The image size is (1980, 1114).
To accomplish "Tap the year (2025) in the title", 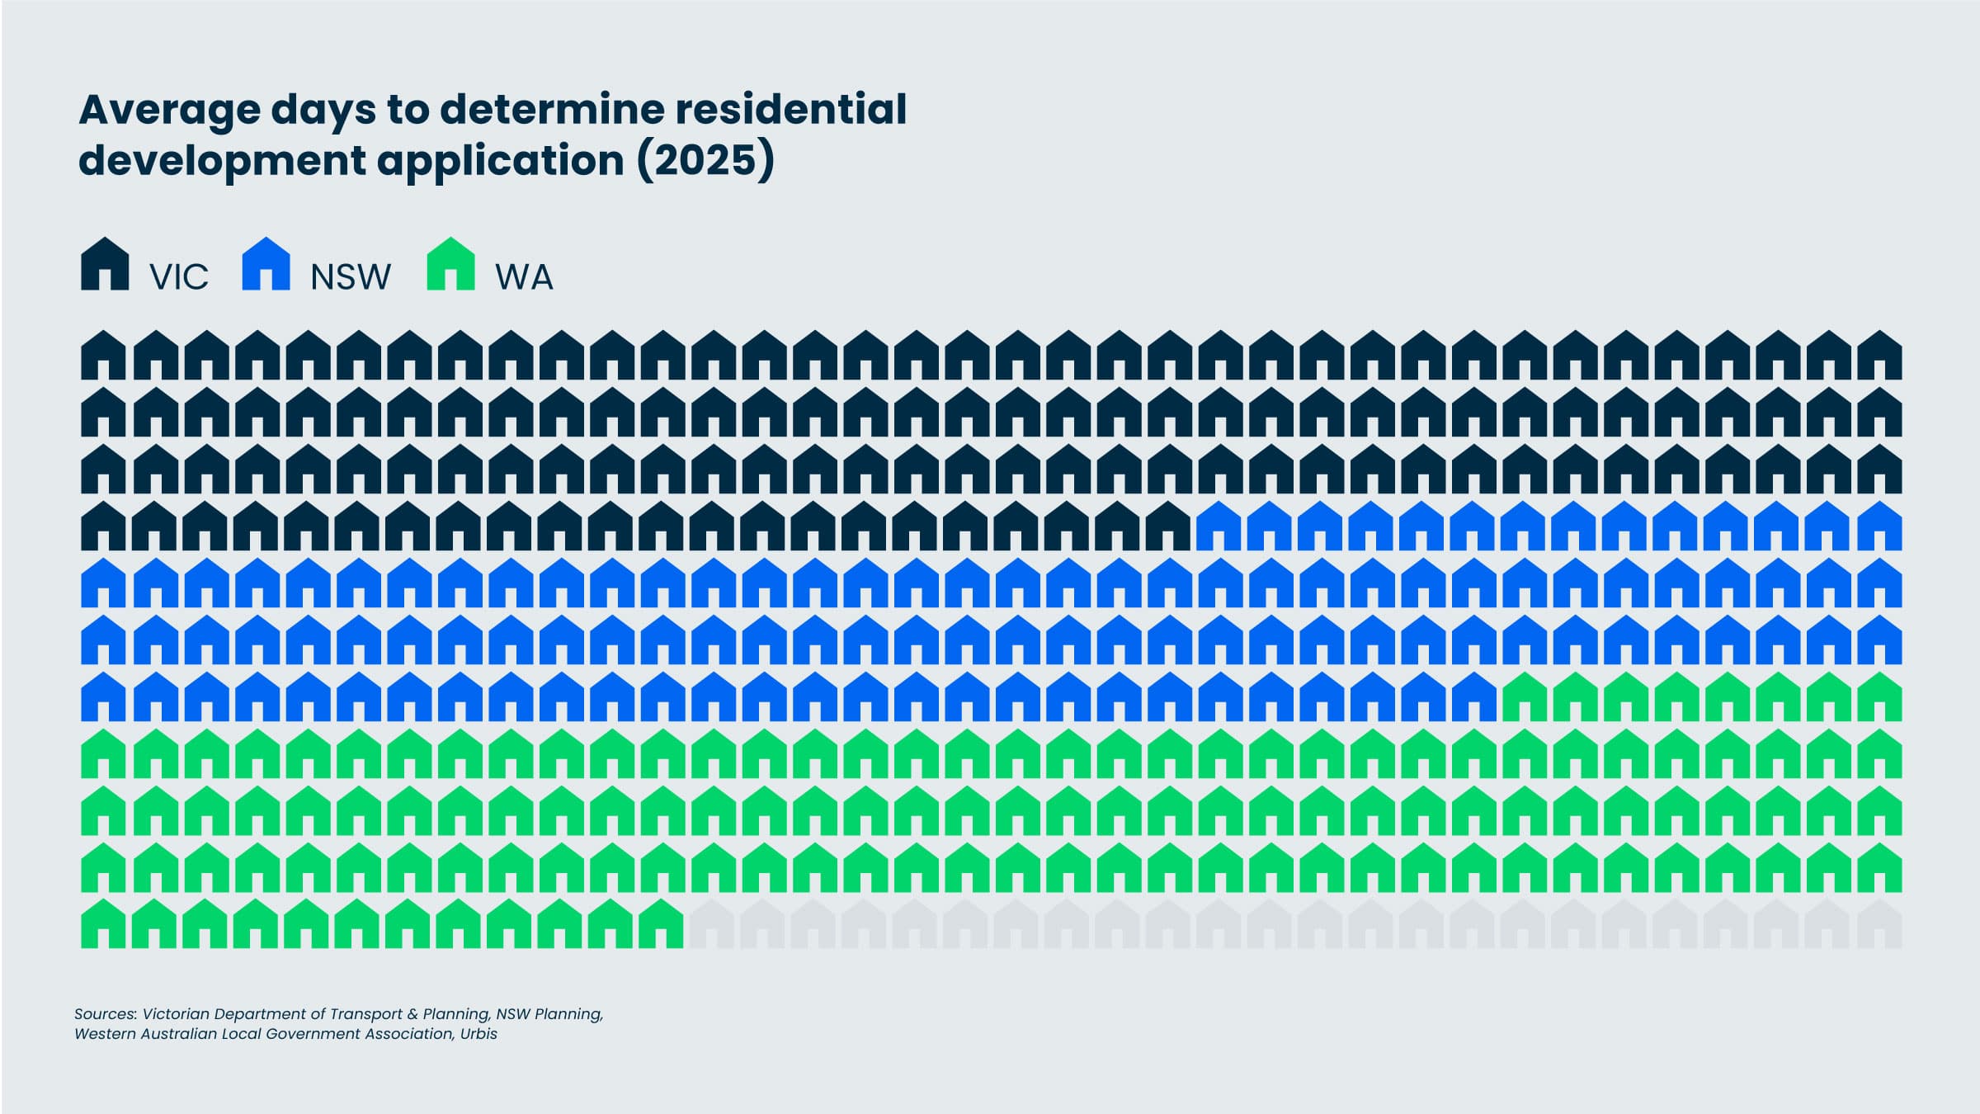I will coord(705,160).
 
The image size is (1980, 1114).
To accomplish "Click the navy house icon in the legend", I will coord(105,265).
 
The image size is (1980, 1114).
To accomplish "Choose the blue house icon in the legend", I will coord(266,265).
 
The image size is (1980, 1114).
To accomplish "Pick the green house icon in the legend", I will coord(450,265).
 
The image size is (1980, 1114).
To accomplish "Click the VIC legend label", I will coord(179,277).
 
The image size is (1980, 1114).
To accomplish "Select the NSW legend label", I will coord(351,277).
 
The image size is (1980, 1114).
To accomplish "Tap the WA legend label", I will coord(524,277).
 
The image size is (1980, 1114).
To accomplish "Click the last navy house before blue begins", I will coord(1168,526).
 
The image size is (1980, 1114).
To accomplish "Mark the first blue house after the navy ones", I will coord(1219,526).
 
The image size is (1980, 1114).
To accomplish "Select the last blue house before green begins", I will coord(1473,698).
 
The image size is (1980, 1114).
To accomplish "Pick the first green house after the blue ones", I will coord(1524,698).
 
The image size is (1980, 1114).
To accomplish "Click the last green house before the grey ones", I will coord(661,925).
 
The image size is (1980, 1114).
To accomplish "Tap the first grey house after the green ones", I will coord(712,925).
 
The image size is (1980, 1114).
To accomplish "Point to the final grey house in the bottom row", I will coord(1880,925).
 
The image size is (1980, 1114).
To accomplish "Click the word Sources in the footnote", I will coord(106,1014).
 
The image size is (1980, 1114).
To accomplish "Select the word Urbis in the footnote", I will coord(478,1034).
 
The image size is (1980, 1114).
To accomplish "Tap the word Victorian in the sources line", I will coord(176,1014).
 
